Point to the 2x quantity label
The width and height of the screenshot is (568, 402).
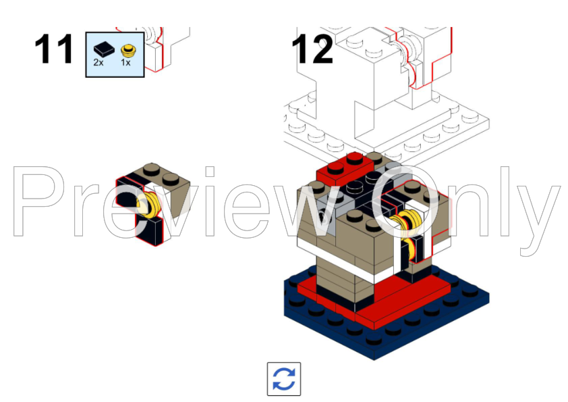(x=98, y=62)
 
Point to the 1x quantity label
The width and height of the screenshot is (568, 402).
(x=125, y=62)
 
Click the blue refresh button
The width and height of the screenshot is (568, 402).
(x=284, y=379)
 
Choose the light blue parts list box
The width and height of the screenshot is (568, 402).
(x=115, y=54)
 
